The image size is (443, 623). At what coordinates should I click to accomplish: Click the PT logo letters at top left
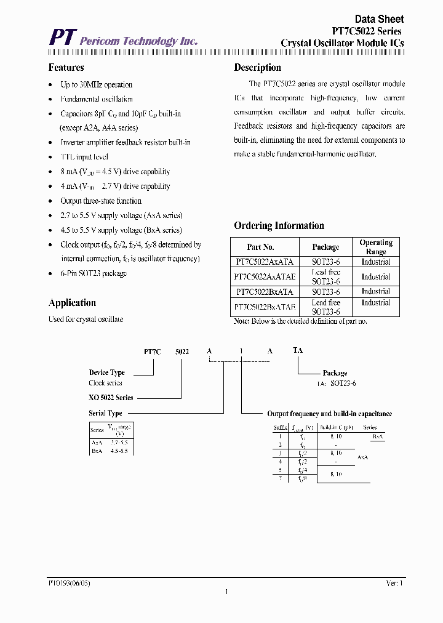(x=62, y=38)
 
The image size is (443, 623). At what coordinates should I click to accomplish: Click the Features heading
(x=66, y=68)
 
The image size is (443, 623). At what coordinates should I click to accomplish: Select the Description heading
(x=257, y=68)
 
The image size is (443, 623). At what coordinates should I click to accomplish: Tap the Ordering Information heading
(x=279, y=225)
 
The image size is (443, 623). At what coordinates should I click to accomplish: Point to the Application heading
(x=72, y=303)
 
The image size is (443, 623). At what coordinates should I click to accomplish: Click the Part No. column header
(x=260, y=247)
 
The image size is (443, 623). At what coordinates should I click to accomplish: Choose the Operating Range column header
(x=375, y=247)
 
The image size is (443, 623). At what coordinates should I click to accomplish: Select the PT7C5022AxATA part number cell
(x=265, y=262)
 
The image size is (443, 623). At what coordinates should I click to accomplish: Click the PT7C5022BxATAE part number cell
(x=265, y=307)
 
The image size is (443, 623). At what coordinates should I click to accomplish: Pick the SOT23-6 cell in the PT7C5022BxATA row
(x=325, y=292)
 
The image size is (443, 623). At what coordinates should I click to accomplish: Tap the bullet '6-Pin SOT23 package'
(x=94, y=273)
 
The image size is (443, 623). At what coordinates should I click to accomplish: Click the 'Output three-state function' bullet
(x=101, y=201)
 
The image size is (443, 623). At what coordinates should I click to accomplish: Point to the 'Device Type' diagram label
(x=106, y=372)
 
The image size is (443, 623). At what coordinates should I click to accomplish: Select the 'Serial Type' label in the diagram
(x=105, y=413)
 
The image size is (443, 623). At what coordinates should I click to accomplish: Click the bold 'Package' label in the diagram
(x=335, y=373)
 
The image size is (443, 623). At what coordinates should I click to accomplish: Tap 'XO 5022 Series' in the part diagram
(x=111, y=398)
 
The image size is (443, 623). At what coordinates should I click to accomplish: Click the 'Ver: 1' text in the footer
(x=394, y=582)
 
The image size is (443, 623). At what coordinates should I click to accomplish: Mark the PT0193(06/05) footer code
(x=73, y=582)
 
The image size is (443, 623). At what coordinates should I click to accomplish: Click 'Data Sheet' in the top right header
(x=379, y=20)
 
